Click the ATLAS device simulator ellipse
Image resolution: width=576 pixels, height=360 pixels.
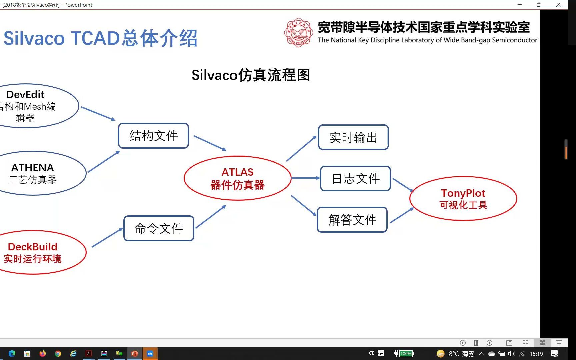pyautogui.click(x=237, y=178)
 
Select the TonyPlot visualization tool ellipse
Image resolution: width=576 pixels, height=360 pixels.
pyautogui.click(x=463, y=199)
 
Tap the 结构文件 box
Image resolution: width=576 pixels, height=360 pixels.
pyautogui.click(x=153, y=136)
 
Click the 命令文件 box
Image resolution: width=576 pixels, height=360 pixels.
pyautogui.click(x=159, y=228)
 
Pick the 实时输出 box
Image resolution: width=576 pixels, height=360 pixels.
pyautogui.click(x=353, y=137)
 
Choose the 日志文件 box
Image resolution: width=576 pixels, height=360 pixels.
pyautogui.click(x=355, y=179)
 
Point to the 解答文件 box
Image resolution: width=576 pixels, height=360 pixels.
pyautogui.click(x=352, y=220)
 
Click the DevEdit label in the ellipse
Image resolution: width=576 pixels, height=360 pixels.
pyautogui.click(x=25, y=95)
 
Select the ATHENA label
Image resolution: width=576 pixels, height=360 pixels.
pyautogui.click(x=33, y=168)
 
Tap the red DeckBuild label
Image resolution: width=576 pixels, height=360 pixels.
pyautogui.click(x=33, y=247)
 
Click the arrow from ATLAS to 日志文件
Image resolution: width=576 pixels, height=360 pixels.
pyautogui.click(x=305, y=178)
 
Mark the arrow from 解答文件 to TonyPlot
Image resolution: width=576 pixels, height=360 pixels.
pyautogui.click(x=402, y=215)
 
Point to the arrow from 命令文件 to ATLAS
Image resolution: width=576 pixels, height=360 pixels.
pyautogui.click(x=211, y=217)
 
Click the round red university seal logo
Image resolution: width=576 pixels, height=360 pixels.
pyautogui.click(x=298, y=33)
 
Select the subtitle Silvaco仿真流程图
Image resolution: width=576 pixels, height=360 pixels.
pyautogui.click(x=251, y=75)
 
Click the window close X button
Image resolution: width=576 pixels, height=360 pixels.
pyautogui.click(x=558, y=5)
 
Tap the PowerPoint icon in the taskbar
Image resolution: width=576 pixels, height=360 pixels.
pyautogui.click(x=135, y=354)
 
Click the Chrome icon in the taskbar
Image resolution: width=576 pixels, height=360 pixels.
pyautogui.click(x=58, y=354)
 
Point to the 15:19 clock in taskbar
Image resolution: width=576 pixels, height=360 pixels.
pyautogui.click(x=536, y=354)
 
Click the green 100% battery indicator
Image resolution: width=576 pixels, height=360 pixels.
pyautogui.click(x=406, y=354)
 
